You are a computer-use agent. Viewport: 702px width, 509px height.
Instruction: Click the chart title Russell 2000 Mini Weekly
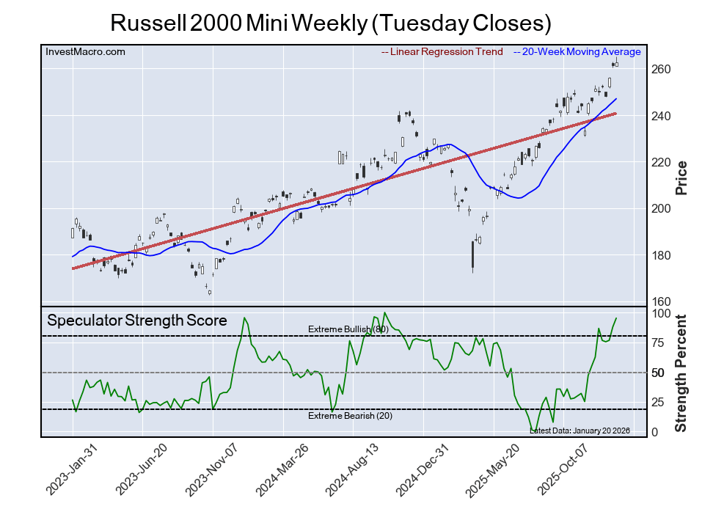point(330,23)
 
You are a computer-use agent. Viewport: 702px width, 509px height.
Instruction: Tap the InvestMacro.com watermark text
point(85,52)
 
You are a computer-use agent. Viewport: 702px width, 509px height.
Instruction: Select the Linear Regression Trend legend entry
point(442,52)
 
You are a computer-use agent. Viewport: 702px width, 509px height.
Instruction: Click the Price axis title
point(681,177)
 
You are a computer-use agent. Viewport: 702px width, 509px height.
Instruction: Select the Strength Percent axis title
point(681,373)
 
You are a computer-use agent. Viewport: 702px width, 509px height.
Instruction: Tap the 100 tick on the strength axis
point(662,314)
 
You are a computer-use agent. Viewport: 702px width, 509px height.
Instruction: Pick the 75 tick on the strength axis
point(659,343)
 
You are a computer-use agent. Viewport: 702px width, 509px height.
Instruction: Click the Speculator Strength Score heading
point(137,321)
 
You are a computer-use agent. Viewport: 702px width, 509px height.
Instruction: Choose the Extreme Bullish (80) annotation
point(348,330)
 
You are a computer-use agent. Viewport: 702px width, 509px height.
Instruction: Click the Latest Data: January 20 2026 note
point(579,430)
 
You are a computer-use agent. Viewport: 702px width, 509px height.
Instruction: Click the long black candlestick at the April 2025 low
point(472,254)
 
